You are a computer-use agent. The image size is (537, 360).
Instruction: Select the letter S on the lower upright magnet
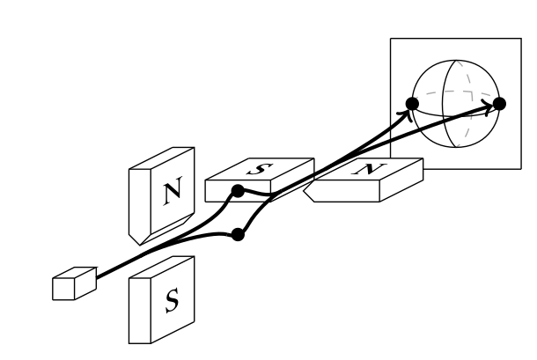[x=172, y=301]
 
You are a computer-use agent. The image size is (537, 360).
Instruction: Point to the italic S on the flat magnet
[x=264, y=169]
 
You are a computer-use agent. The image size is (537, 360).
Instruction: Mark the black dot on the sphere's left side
[x=411, y=103]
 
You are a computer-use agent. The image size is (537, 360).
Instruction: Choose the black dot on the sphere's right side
[x=499, y=103]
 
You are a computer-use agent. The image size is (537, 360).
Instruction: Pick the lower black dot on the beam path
[x=237, y=234]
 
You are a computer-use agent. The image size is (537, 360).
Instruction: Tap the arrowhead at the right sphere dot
[x=487, y=107]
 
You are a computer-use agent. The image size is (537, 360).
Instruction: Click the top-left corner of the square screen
[x=391, y=39]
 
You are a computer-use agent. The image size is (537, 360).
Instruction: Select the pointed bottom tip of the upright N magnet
[x=135, y=241]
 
